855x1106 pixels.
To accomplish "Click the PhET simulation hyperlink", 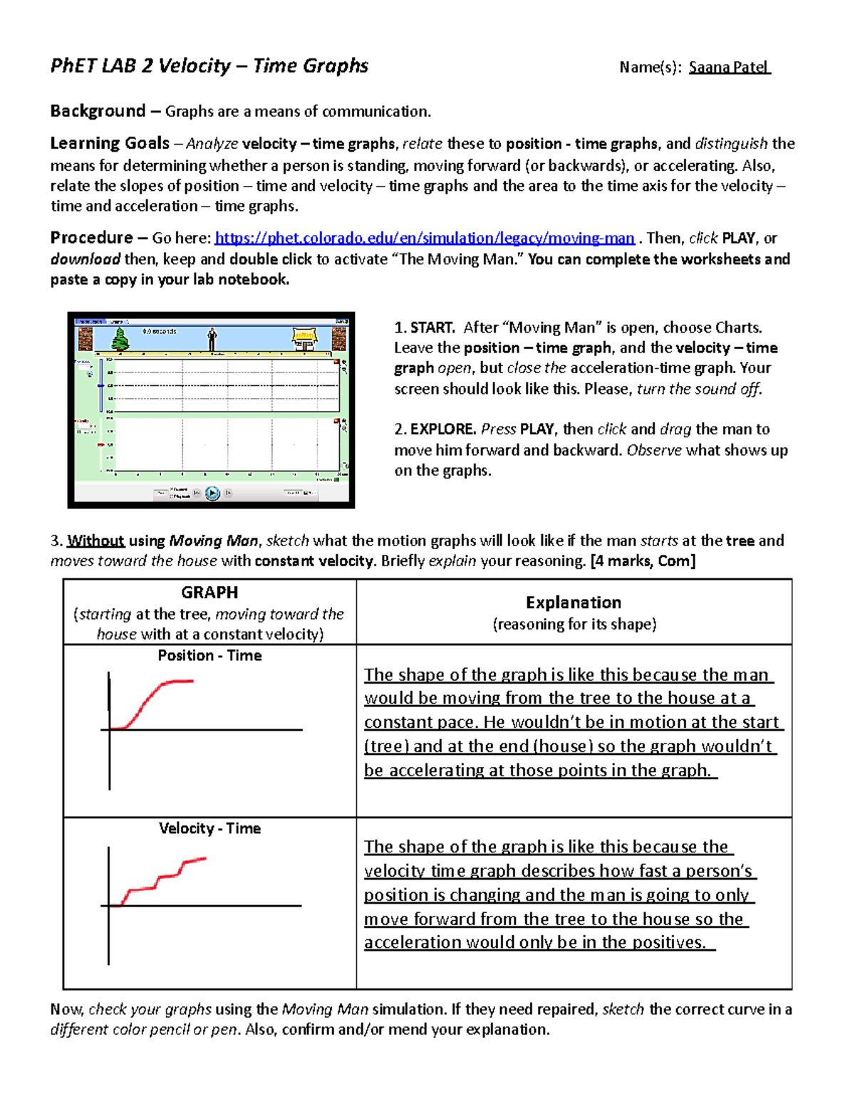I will [x=424, y=238].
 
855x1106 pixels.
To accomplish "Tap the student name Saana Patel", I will [x=728, y=68].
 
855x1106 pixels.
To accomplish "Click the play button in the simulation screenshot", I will [x=212, y=493].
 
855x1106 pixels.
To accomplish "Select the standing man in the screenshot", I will [x=212, y=339].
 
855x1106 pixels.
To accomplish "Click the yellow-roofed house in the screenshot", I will [x=305, y=338].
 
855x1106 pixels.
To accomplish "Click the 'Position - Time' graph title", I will [x=209, y=655].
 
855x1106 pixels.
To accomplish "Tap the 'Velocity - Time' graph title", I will [x=209, y=828].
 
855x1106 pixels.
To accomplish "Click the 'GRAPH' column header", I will [x=209, y=593].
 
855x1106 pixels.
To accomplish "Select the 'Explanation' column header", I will [x=574, y=602].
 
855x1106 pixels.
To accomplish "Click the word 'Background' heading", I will [x=98, y=111].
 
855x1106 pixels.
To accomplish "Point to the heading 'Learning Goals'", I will [x=110, y=143].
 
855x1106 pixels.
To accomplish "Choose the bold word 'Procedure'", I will [x=91, y=238].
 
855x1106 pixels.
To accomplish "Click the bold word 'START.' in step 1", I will [x=432, y=328].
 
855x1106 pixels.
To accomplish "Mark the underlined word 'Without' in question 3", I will [x=95, y=541].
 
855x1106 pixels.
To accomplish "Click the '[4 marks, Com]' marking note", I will [x=643, y=561].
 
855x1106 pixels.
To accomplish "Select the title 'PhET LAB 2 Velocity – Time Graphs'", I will [x=209, y=66].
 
